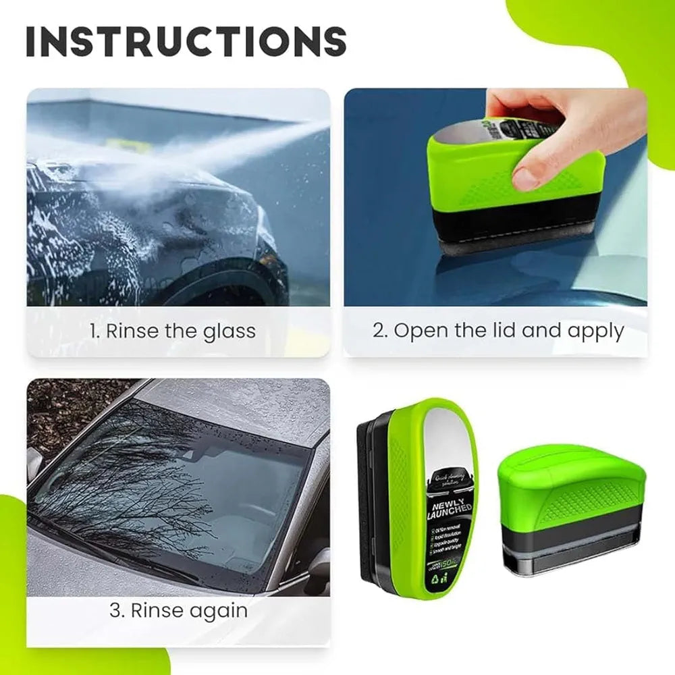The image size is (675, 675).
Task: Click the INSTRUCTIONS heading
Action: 186,42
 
